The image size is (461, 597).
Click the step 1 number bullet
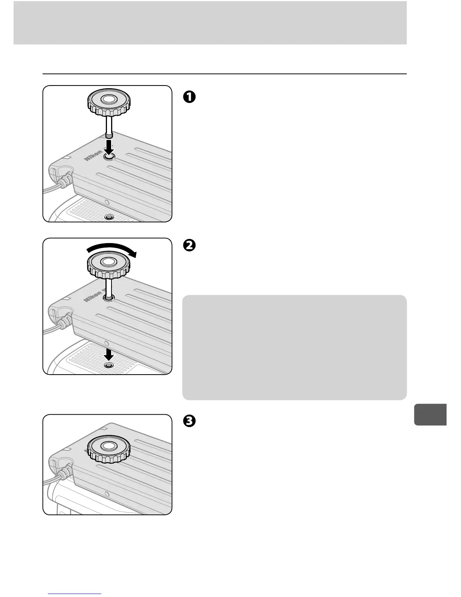point(189,97)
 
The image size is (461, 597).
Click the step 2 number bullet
point(189,245)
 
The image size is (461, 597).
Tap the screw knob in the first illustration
point(109,102)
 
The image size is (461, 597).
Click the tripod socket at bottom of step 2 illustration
point(109,365)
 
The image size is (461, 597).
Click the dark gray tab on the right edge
point(430,414)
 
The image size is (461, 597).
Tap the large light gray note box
point(294,347)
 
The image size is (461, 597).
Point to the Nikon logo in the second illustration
point(93,295)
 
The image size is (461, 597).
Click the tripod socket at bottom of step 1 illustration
point(109,217)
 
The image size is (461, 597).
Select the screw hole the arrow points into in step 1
point(109,157)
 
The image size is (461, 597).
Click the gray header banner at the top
point(210,23)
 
